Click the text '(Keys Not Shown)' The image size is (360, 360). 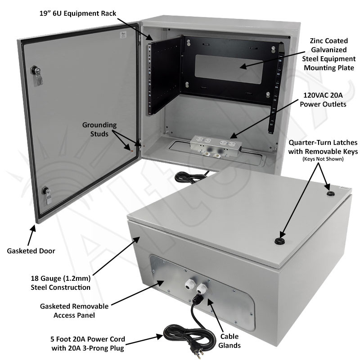[x=323, y=159]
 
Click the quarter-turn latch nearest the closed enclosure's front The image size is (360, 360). [x=280, y=241]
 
